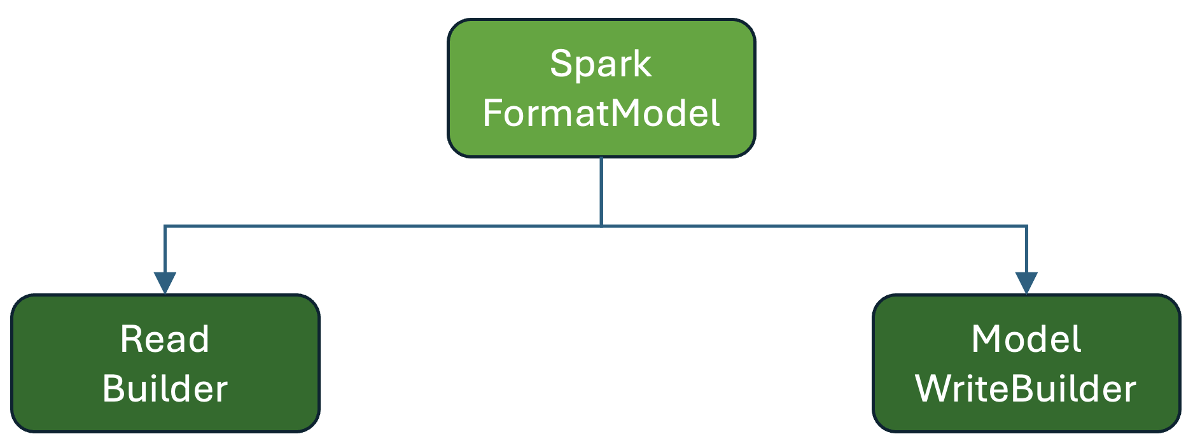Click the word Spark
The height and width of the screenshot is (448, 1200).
tap(601, 64)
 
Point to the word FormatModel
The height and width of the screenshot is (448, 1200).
tap(601, 114)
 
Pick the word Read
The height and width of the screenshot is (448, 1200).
tap(165, 339)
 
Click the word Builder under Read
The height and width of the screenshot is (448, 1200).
tap(165, 389)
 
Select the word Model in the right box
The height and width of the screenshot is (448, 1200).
tap(1026, 339)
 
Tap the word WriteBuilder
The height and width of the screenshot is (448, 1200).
tap(1026, 389)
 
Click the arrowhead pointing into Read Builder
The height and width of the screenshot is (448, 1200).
tap(165, 283)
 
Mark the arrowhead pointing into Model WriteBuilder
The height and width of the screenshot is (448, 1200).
tap(1026, 283)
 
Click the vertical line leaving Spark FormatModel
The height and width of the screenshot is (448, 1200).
tap(601, 191)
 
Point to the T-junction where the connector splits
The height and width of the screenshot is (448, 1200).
tap(601, 226)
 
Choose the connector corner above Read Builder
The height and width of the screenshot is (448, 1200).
tap(165, 226)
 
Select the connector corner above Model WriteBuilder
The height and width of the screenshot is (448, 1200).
tap(1026, 226)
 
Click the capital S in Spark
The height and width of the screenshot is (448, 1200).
tap(560, 64)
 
